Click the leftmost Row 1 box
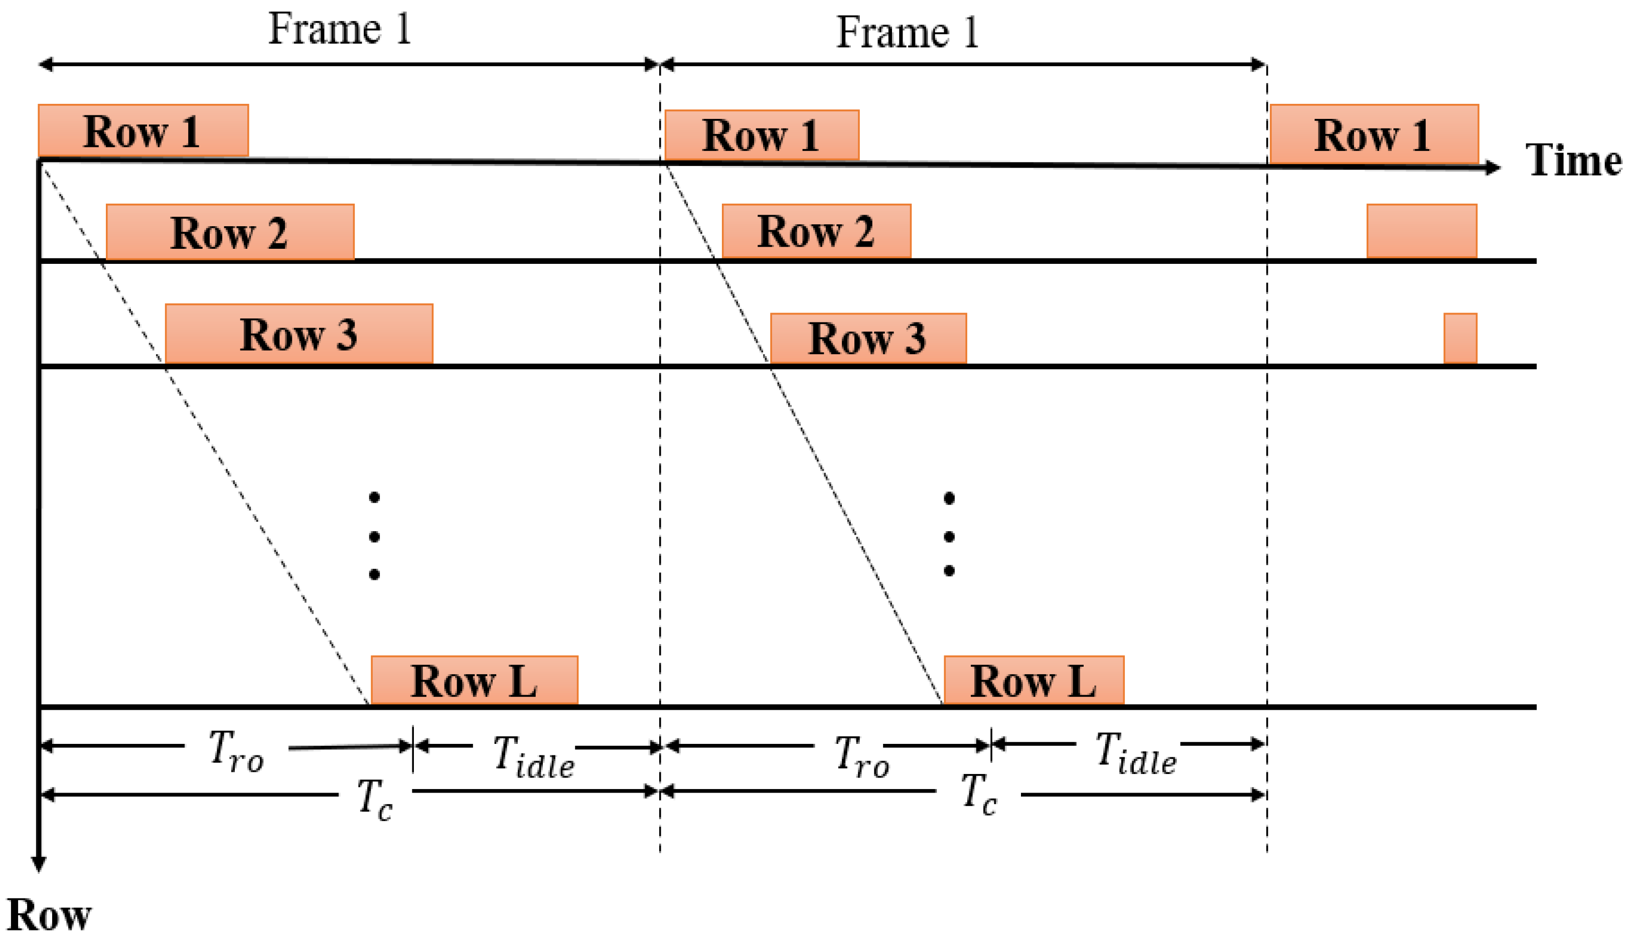coord(143,130)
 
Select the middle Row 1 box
coord(762,135)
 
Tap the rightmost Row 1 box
coord(1374,134)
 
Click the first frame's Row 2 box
coord(230,232)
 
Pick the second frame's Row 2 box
coord(816,231)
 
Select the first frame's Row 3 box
coord(299,334)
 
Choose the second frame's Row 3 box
coord(868,338)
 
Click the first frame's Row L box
coord(474,680)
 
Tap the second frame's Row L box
coord(1033,680)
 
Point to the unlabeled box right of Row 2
coord(1422,231)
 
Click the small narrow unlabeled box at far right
coord(1460,338)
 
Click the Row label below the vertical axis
coord(49,915)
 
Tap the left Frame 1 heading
coord(340,29)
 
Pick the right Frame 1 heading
coord(907,32)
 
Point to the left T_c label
coord(375,799)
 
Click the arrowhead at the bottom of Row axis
coord(39,863)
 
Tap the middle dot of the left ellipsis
coord(374,536)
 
